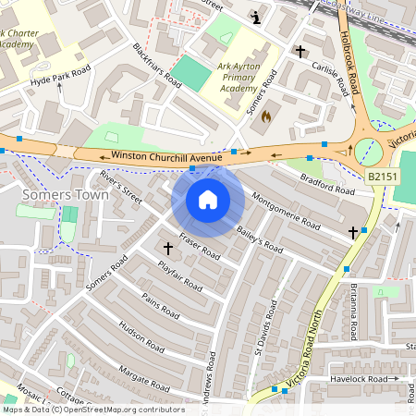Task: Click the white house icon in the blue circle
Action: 208,200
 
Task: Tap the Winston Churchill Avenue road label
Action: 166,156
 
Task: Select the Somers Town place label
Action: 65,195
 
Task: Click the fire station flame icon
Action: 267,116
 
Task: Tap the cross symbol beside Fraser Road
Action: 168,248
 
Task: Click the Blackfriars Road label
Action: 156,63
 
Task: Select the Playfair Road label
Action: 179,275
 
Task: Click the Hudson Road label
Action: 141,342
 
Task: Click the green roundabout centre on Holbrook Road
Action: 370,150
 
